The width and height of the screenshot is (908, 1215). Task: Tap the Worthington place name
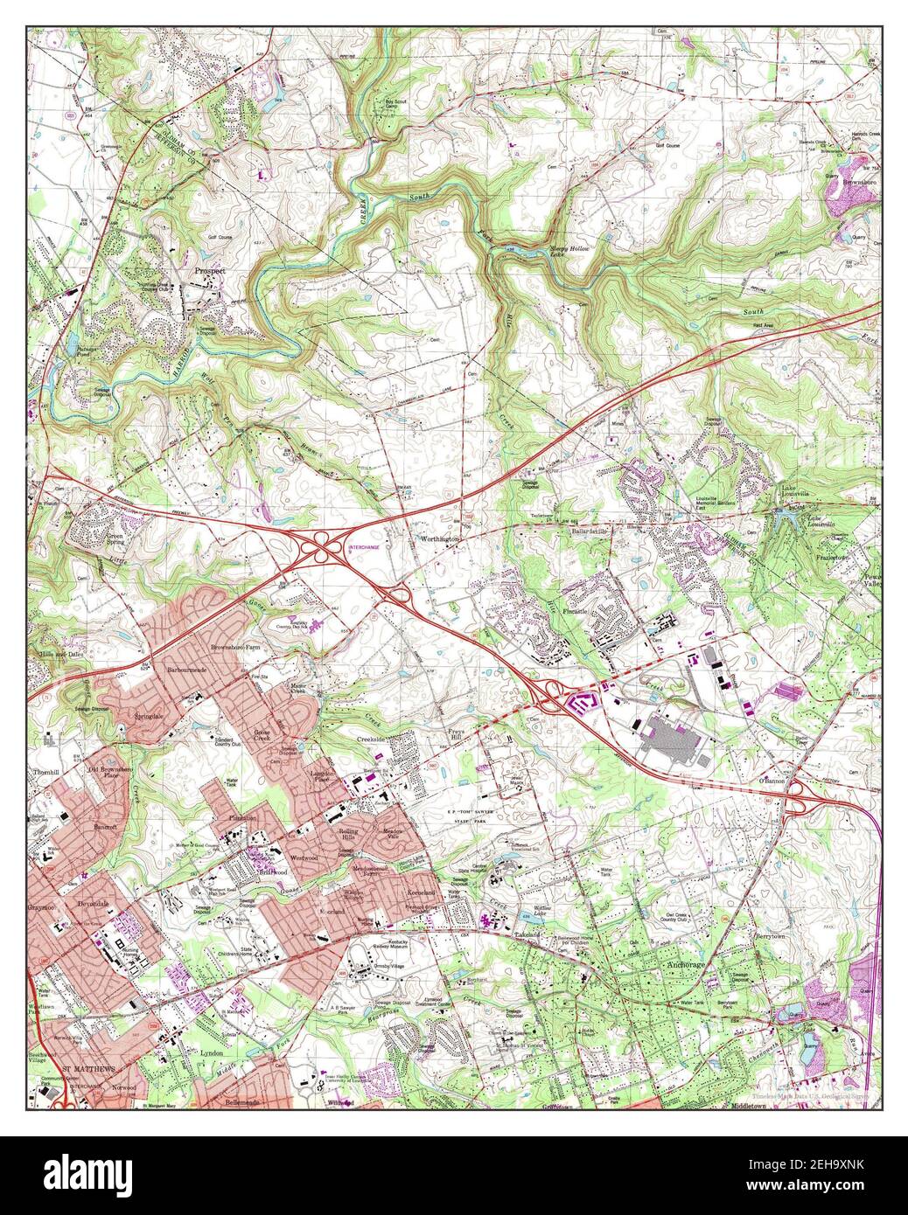tap(440, 541)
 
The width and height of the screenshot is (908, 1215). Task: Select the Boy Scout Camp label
tap(397, 105)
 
